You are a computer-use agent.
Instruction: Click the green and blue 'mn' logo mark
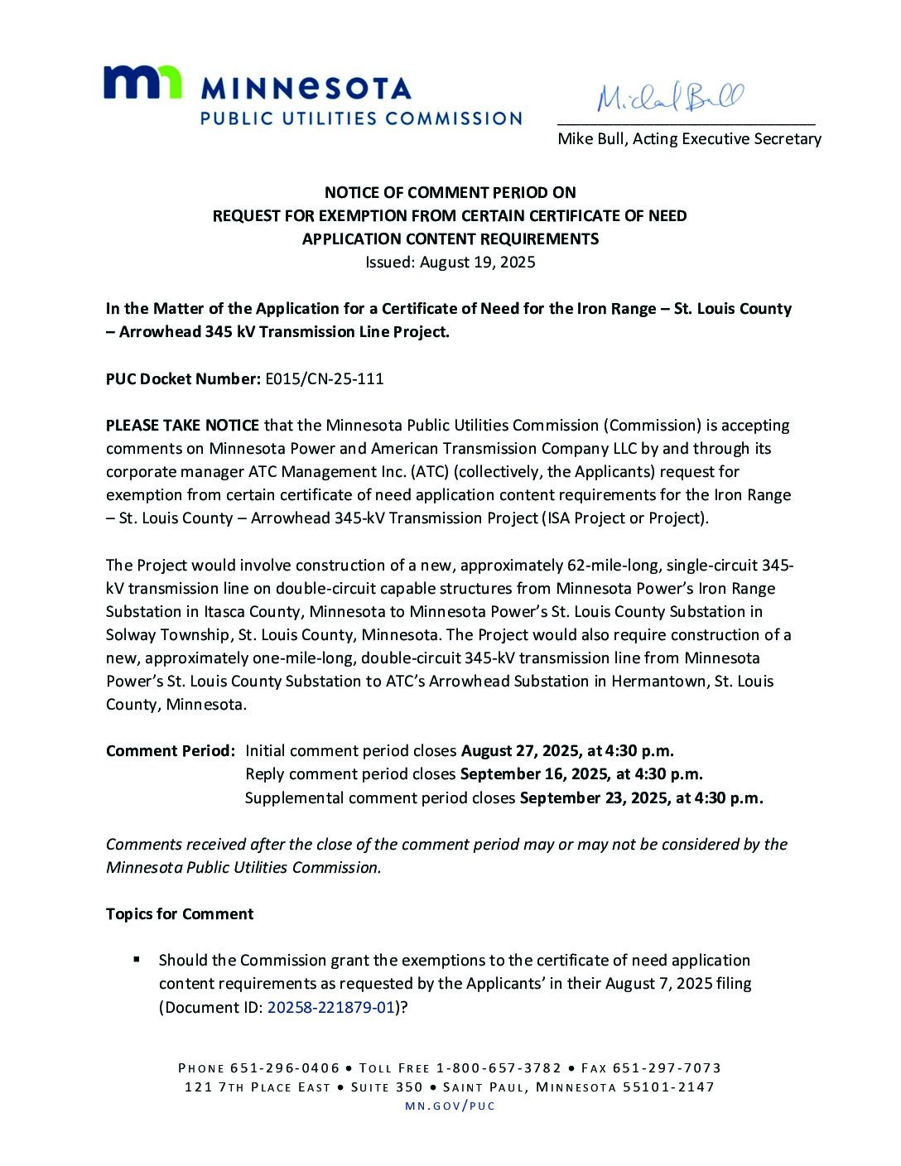tap(142, 83)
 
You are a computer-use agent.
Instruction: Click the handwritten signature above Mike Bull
tap(671, 98)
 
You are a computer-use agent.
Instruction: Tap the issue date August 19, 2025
tap(477, 263)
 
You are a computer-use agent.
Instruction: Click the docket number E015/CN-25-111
tap(324, 379)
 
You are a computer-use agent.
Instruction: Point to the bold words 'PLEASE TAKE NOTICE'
tap(182, 426)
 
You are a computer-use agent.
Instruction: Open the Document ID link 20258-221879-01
tap(330, 1008)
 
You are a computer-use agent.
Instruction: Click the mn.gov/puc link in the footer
tap(450, 1106)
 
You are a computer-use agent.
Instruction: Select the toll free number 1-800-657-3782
tap(499, 1068)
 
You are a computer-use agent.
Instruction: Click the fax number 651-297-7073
tap(672, 1068)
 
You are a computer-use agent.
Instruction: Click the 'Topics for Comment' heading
tap(180, 914)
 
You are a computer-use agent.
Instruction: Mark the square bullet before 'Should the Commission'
tap(137, 960)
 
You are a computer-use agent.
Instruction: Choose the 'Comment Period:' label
tap(171, 751)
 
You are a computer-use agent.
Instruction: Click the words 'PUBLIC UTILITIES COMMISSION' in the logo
tap(361, 118)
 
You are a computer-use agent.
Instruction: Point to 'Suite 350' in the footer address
tap(387, 1087)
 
